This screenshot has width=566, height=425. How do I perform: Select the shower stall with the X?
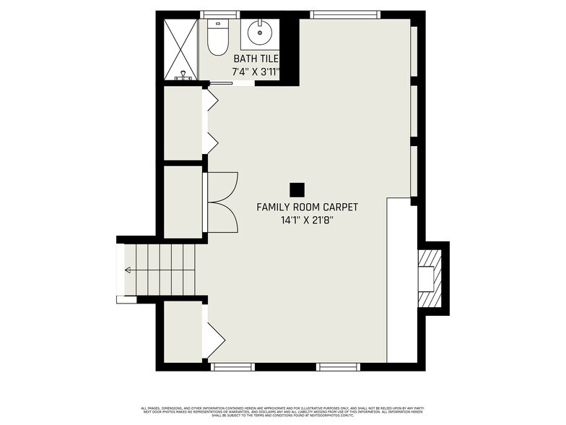point(180,49)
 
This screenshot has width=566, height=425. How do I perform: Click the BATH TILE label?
point(256,59)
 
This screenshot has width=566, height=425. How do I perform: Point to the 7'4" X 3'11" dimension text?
point(255,72)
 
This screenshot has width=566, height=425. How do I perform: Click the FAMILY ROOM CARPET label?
point(307,207)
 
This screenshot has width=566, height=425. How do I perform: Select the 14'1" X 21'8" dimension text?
point(307,220)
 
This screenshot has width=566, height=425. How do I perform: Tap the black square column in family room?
point(296,189)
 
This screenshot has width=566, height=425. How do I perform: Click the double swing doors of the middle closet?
point(222,202)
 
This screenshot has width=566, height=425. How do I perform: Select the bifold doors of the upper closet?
point(212,121)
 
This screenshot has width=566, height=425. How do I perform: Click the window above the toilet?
point(219,14)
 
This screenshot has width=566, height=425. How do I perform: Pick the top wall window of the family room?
point(344,14)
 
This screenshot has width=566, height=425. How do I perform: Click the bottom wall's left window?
point(232,366)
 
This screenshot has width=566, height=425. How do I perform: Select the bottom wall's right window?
point(339,366)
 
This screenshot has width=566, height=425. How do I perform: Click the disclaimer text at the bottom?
point(282,410)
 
